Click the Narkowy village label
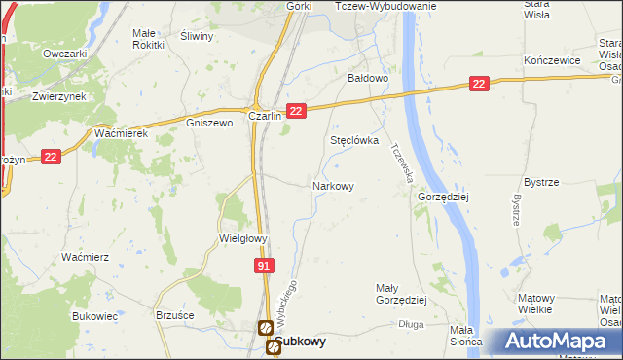(332, 185)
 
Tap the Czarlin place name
(265, 116)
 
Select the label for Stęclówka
(353, 140)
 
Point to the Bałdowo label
(369, 78)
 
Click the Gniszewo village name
(209, 124)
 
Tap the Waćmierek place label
(121, 133)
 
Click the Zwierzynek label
(55, 97)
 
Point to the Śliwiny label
(198, 36)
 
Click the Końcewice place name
(552, 60)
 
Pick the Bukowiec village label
(94, 316)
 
